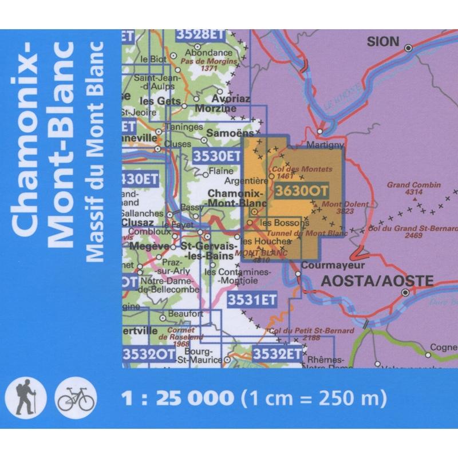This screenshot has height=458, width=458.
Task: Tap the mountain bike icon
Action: coord(75,397)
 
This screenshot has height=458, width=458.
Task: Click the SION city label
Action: coord(381,41)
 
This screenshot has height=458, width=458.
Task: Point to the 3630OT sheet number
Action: coord(297,191)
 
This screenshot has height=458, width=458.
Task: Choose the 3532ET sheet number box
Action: coord(277,353)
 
